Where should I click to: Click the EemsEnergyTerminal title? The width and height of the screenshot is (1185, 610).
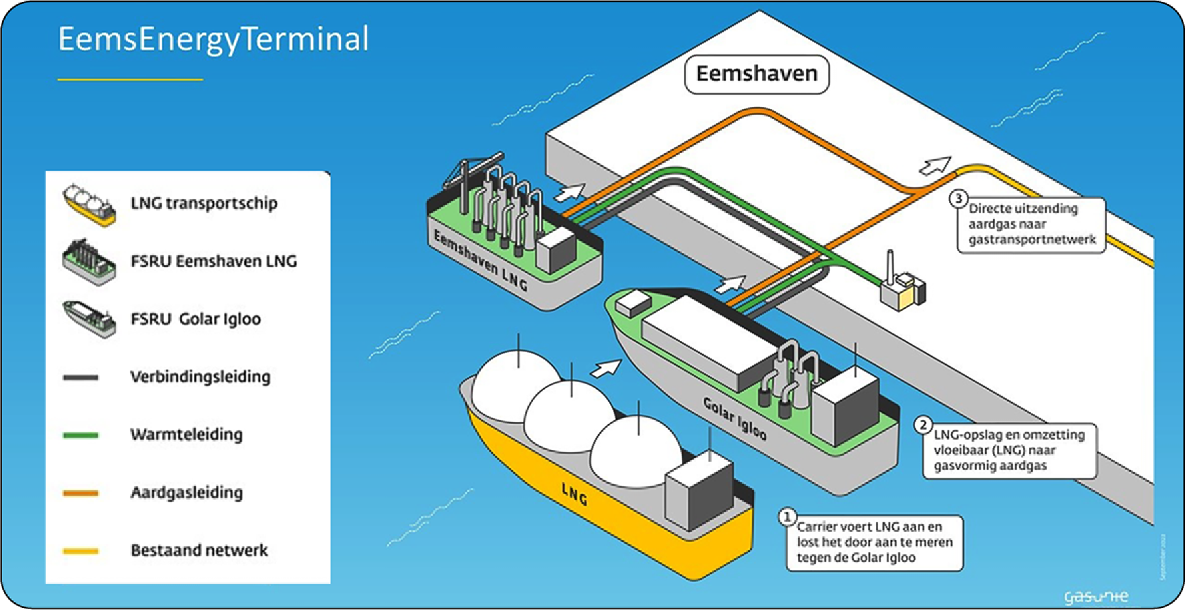click(213, 39)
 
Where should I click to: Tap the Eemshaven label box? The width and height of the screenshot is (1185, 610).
click(756, 74)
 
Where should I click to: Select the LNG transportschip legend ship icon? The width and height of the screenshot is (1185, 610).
click(89, 205)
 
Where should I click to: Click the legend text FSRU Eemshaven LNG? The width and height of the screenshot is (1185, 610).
click(213, 262)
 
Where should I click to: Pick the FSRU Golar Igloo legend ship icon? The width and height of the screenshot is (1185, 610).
click(89, 318)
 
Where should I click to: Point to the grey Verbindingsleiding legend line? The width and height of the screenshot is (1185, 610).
click(80, 378)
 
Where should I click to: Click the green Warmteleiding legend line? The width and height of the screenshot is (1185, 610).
click(80, 435)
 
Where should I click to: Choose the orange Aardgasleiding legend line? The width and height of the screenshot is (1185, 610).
click(80, 493)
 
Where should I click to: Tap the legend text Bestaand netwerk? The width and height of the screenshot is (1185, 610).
click(199, 550)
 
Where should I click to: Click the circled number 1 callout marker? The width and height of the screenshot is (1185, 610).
click(787, 517)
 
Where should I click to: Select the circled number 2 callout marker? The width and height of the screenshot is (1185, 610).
click(924, 425)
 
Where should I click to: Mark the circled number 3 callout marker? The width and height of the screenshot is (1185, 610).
click(959, 199)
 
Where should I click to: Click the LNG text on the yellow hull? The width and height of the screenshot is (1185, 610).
click(574, 495)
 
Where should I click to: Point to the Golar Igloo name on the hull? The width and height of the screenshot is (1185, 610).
click(734, 418)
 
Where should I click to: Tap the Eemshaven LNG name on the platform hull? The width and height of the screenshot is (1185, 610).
click(480, 261)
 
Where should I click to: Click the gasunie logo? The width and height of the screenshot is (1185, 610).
click(1095, 596)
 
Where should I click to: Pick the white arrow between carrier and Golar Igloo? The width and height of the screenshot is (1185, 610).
click(607, 367)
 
